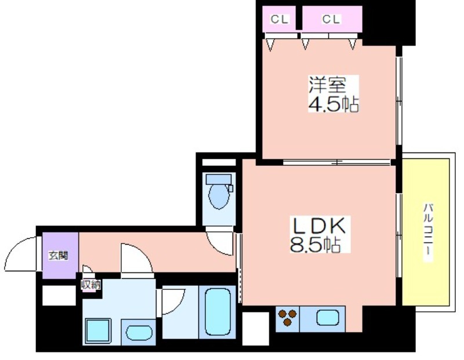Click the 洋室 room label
point(327,85)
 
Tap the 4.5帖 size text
point(333,104)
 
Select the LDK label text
point(318,226)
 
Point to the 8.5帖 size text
point(315,244)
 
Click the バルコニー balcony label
point(428,232)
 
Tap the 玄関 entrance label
point(59,255)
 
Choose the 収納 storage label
point(91,285)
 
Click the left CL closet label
point(280,20)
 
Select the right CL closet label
point(331,20)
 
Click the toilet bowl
point(219,196)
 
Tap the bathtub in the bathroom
point(217,311)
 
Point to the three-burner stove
point(288,317)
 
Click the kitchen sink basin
point(327,318)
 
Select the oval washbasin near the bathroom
point(139,333)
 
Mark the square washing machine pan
point(98,331)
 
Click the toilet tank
point(219,179)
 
